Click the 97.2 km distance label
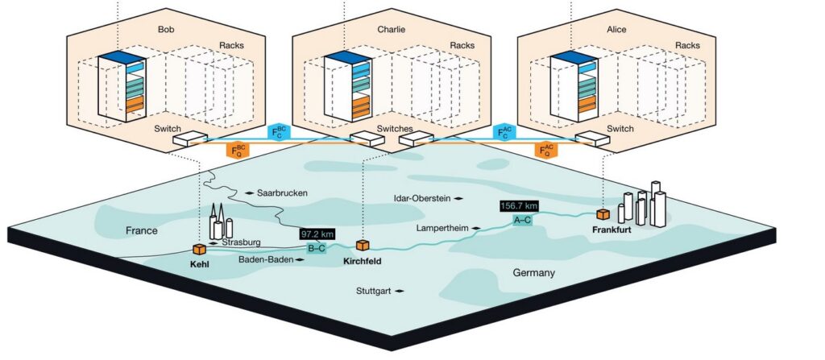[317, 234]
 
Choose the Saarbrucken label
[282, 193]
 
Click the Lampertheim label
[442, 229]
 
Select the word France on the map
[142, 231]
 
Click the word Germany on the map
[533, 273]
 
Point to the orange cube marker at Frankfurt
[602, 213]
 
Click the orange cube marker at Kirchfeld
[362, 245]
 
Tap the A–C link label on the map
[521, 221]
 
